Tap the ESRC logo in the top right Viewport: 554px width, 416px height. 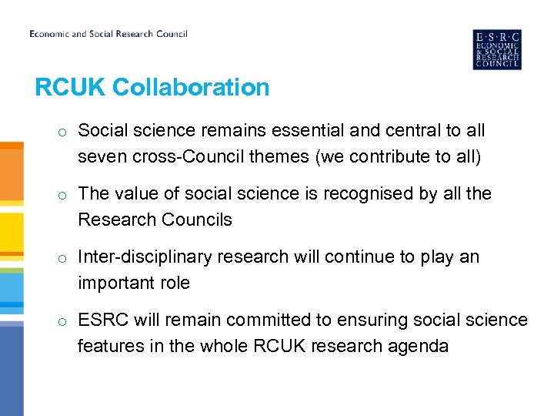point(496,49)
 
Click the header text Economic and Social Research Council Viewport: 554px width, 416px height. point(108,34)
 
